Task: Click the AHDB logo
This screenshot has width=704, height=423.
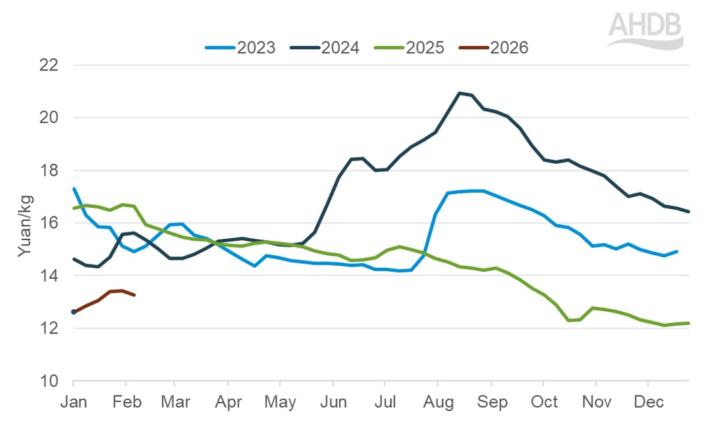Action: [645, 30]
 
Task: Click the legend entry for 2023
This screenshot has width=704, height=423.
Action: [240, 48]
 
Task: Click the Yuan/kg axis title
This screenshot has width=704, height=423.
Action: [24, 224]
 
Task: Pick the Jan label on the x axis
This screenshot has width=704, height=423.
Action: [73, 401]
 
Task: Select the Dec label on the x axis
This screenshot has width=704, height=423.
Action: [648, 401]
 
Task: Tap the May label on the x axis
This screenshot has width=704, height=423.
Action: [280, 401]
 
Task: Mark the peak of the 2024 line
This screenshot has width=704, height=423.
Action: [459, 93]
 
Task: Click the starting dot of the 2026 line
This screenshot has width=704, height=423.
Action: [74, 312]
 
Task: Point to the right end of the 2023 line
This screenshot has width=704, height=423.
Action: [677, 251]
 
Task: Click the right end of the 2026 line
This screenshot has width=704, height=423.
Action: [134, 295]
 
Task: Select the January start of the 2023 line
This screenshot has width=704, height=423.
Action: [74, 189]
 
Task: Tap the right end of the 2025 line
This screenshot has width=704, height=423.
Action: [689, 323]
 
